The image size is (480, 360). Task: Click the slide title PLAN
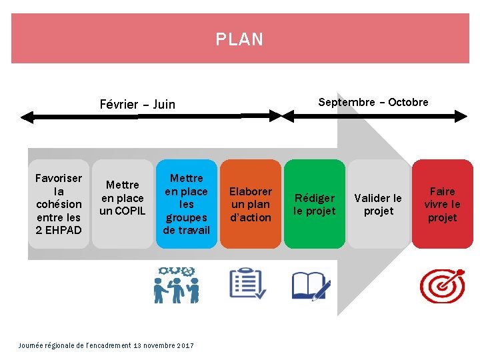pos(240,39)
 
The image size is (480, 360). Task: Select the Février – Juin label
pos(137,104)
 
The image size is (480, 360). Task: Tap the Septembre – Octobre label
pos(373,102)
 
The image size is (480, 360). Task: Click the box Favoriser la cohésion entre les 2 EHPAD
pos(59,204)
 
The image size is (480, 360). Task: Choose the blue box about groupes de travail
pos(187,204)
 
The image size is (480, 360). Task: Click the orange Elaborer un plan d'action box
pos(251,204)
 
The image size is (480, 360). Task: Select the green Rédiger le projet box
pos(315,204)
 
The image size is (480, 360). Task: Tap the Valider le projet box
pos(379,204)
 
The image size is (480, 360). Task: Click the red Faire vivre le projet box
pos(442,204)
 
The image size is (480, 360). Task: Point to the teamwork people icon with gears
pos(176,285)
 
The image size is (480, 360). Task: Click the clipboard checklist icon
pos(247,284)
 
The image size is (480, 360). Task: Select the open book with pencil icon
pos(311,285)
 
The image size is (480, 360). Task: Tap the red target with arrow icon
pos(442,285)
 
